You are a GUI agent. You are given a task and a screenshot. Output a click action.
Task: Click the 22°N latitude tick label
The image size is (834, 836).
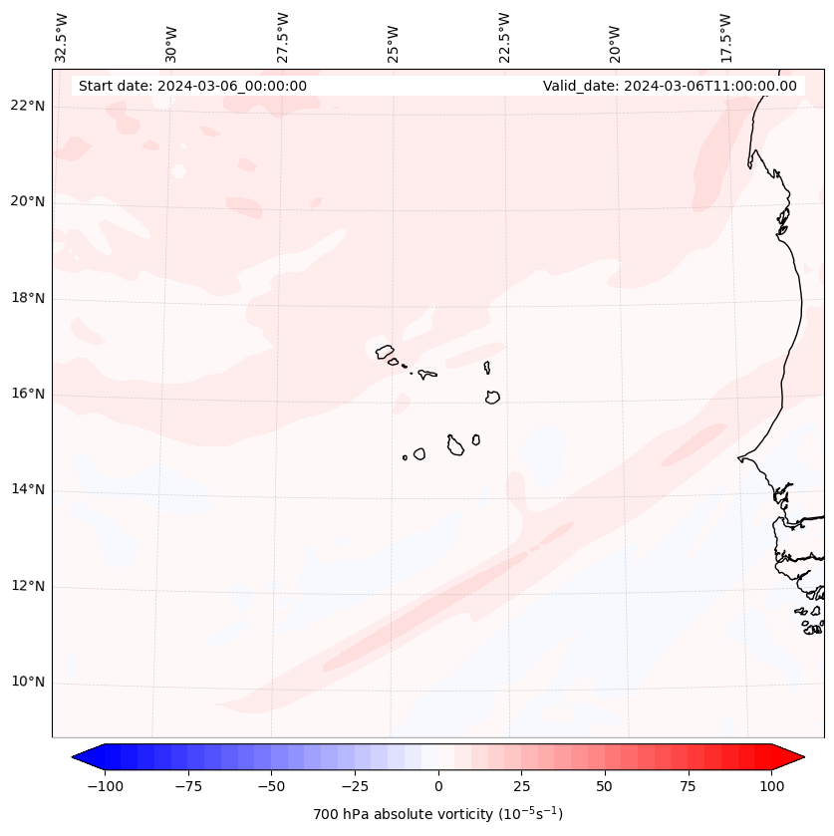click(28, 106)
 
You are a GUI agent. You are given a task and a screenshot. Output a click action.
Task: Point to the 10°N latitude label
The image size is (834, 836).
click(28, 683)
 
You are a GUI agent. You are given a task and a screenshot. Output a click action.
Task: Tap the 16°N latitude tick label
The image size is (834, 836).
click(28, 394)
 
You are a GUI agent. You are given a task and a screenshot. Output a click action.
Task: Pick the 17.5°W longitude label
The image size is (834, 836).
click(725, 36)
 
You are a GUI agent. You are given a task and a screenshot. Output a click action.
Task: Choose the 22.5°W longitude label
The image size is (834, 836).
click(504, 36)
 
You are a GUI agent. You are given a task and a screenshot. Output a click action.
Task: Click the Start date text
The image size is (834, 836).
click(192, 86)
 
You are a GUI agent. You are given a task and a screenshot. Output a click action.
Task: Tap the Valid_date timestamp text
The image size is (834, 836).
click(670, 86)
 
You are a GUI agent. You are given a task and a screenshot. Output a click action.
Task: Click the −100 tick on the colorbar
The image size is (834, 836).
click(105, 786)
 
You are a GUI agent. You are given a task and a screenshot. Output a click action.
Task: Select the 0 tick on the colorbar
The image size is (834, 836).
click(438, 786)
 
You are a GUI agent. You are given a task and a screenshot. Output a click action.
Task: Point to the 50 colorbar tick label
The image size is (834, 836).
click(605, 786)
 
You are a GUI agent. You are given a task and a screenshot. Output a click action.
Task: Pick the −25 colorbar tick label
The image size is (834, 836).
click(355, 786)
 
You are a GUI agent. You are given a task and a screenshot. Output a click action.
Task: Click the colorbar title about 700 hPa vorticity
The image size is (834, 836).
click(438, 814)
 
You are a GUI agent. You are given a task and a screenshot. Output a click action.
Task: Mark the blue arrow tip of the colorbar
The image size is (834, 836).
click(80, 757)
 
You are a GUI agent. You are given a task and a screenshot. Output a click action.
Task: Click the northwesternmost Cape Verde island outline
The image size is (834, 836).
click(385, 351)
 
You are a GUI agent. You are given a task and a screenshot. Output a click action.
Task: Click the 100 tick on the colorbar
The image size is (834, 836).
click(771, 786)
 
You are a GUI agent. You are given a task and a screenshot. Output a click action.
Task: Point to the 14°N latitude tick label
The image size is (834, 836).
click(28, 489)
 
